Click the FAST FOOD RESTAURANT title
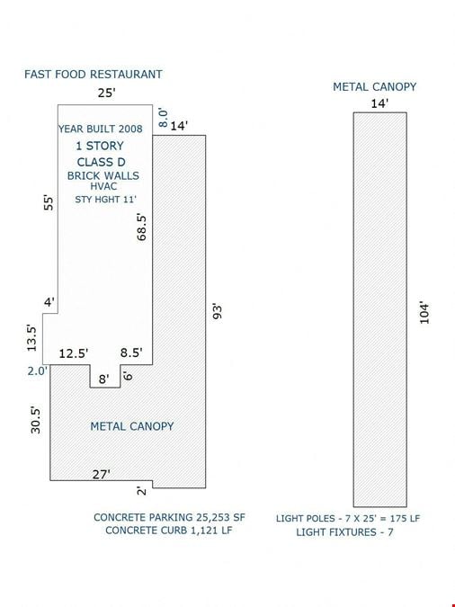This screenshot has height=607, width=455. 94,75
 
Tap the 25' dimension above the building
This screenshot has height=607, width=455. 106,94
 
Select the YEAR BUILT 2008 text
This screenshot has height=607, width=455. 101,129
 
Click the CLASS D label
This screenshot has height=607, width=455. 101,162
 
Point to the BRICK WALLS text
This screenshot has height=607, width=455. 103,175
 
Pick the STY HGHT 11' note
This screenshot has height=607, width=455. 106,200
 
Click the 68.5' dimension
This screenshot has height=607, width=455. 142,228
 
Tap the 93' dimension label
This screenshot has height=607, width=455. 218,312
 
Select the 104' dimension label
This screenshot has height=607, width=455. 424,313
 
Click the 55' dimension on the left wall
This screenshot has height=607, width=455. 49,203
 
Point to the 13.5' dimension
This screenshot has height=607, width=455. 31,338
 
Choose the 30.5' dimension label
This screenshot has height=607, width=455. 35,420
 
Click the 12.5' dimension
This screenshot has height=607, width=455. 74,353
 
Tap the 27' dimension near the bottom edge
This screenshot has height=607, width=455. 101,474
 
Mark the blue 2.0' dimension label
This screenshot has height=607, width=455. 37,371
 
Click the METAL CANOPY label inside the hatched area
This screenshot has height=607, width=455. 132,426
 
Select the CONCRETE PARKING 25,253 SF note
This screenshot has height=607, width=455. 169,518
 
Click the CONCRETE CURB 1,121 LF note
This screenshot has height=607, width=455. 169,531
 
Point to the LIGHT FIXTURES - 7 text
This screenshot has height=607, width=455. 344,532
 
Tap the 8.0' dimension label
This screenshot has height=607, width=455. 164,118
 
